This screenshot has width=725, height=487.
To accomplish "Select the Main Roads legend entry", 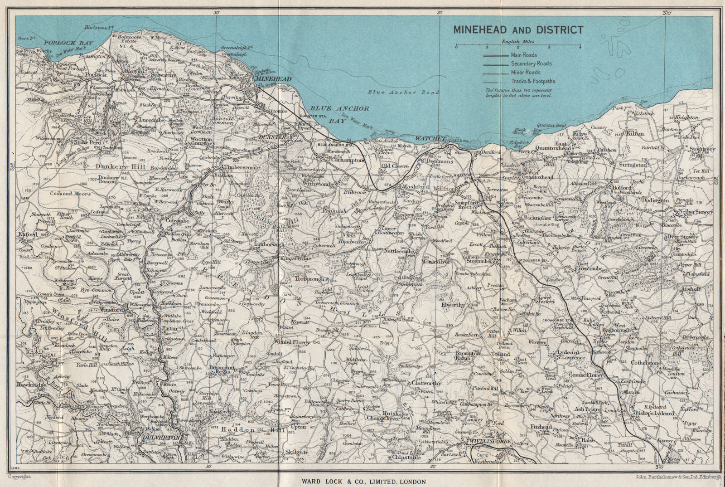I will [524, 55].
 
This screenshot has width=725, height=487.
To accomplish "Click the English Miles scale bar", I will [518, 46].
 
